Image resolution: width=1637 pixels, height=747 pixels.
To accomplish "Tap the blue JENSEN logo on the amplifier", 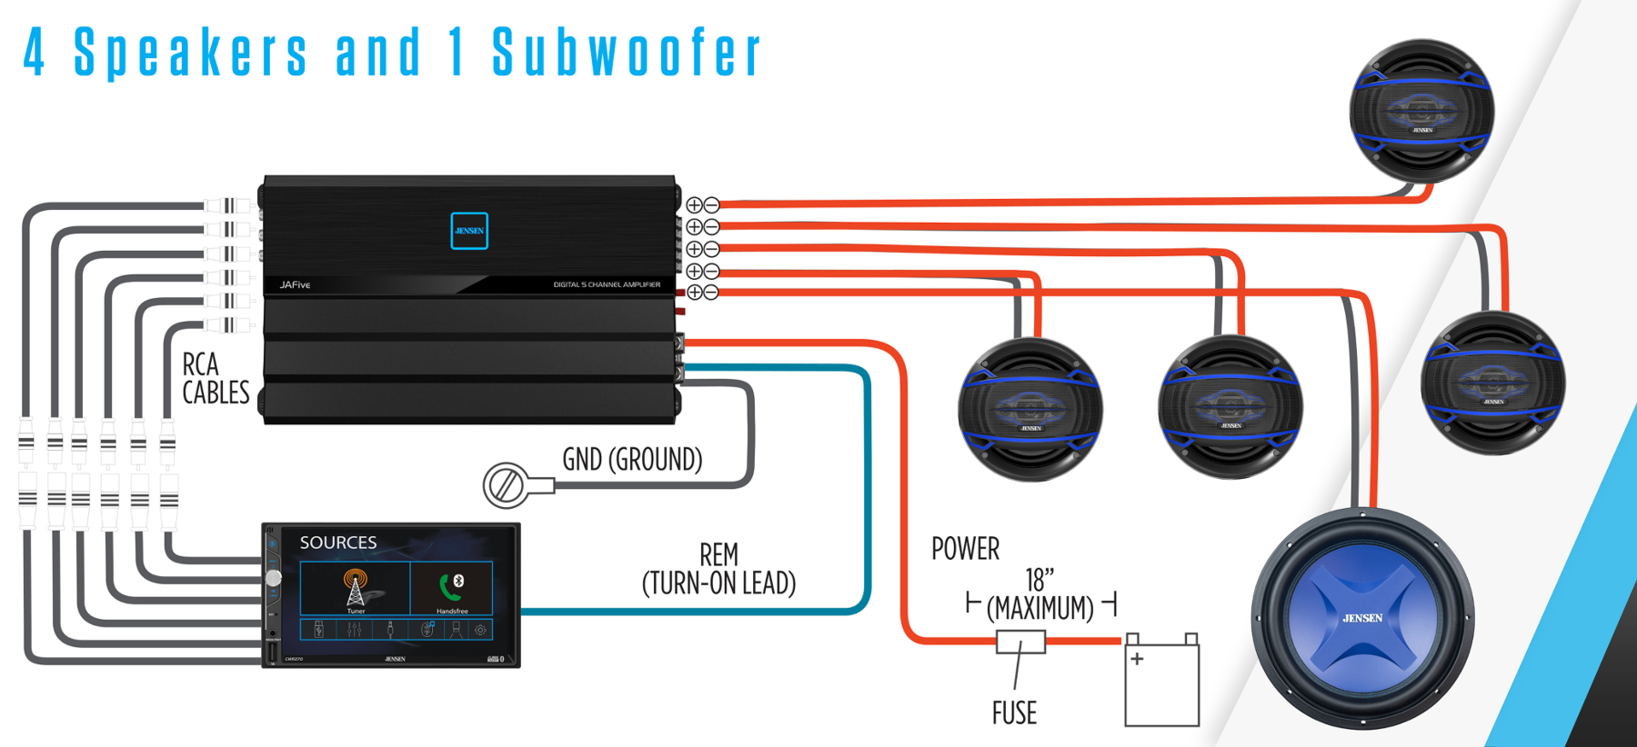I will [469, 231].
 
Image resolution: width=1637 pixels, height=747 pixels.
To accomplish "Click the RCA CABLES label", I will [215, 378].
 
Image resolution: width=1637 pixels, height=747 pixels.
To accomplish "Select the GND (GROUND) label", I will [632, 460].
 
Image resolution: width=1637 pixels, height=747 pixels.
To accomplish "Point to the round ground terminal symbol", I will [505, 485].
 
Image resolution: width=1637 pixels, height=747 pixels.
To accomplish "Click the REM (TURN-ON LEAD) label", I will [718, 569].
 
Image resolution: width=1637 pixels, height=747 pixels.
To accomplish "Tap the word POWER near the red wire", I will [965, 549].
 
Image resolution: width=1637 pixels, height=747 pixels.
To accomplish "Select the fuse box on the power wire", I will [1020, 642].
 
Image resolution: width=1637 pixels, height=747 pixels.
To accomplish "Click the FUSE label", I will [1014, 713].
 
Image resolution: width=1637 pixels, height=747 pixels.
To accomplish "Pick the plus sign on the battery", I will [1137, 659].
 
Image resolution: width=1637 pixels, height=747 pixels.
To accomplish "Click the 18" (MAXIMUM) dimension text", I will [1040, 594].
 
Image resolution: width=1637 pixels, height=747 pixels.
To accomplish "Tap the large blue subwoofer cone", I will [1361, 619].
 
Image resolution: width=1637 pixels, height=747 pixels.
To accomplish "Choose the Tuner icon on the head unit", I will [356, 588].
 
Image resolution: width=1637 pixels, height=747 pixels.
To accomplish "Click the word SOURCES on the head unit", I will [338, 543].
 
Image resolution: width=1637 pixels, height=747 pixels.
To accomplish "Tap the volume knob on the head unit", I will [273, 578].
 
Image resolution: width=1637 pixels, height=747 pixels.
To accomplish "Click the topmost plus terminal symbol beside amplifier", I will [694, 205].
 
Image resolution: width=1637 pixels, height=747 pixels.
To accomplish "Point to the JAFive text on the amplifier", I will [295, 285].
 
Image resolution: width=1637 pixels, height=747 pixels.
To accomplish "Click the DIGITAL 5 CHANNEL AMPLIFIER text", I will [607, 285].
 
